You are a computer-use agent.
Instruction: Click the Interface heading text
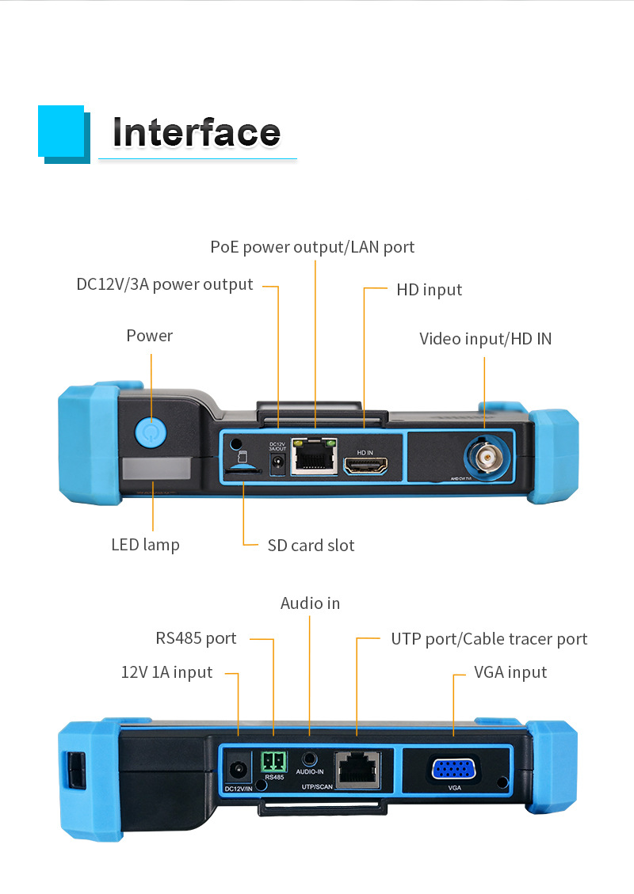click(196, 132)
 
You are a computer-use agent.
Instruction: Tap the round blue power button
click(149, 432)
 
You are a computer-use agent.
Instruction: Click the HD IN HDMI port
click(365, 466)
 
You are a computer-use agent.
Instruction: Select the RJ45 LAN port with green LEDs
click(314, 457)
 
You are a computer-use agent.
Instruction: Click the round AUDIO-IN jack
click(310, 758)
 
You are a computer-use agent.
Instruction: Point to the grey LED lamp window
click(156, 469)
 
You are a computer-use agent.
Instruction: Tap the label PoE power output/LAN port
click(312, 247)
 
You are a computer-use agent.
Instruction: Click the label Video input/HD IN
click(485, 339)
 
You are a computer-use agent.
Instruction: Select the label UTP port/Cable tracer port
click(489, 639)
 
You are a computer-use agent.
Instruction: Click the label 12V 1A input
click(166, 672)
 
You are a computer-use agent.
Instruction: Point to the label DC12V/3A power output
click(165, 284)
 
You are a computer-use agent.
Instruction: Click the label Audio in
click(310, 603)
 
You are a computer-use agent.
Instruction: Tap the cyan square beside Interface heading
click(61, 131)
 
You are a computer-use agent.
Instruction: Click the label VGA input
click(510, 672)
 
